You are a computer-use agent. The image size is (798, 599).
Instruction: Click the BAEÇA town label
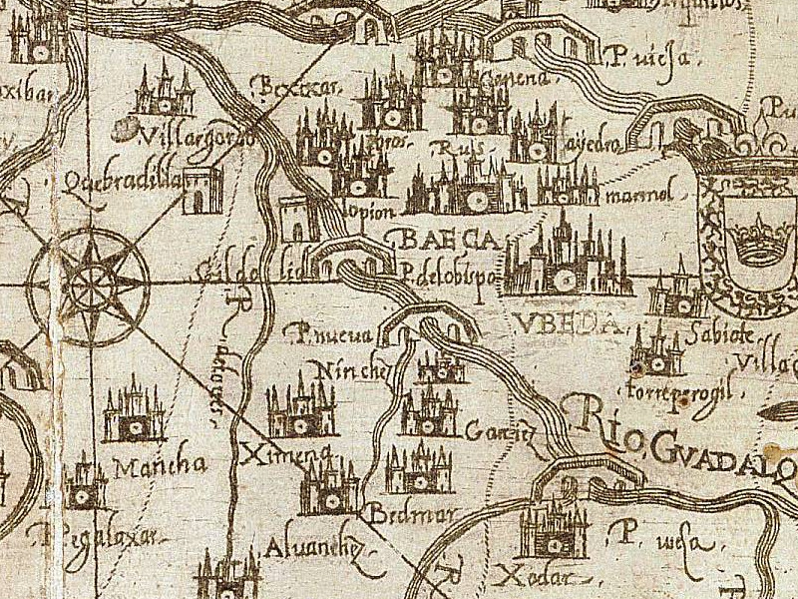click(x=439, y=241)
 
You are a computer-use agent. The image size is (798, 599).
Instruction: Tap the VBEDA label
click(x=556, y=324)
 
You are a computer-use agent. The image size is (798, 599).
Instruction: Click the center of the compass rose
click(x=89, y=284)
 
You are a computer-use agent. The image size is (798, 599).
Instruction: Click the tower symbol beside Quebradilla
click(x=203, y=190)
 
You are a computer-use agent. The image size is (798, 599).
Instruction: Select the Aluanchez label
click(x=303, y=548)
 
